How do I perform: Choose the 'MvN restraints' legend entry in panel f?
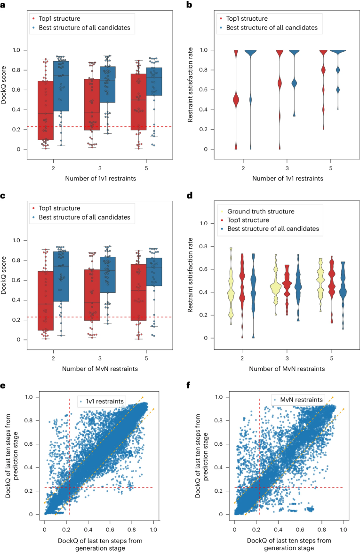point(300,400)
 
